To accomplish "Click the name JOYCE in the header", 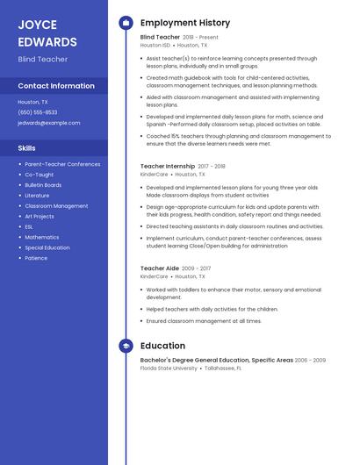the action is click(38, 25).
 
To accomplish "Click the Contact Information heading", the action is click(56, 86).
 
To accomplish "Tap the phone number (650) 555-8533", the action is click(38, 112).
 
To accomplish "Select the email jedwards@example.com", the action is click(48, 123).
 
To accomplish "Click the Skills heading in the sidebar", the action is click(27, 148).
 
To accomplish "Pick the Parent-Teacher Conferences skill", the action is click(62, 164).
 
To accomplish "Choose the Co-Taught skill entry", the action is click(39, 175).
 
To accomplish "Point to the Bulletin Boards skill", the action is click(43, 185).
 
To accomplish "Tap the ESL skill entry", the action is click(30, 226).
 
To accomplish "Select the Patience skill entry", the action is click(36, 258).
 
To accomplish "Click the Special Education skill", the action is click(47, 247).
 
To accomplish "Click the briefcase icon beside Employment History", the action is click(126, 23).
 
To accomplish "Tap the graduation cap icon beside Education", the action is click(126, 346).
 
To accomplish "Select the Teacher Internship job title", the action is click(168, 166).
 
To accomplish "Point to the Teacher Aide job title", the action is click(160, 268).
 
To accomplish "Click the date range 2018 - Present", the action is click(200, 38).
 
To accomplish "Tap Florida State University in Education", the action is click(169, 368).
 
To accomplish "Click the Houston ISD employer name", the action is click(155, 45).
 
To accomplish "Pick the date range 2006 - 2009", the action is click(310, 360).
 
